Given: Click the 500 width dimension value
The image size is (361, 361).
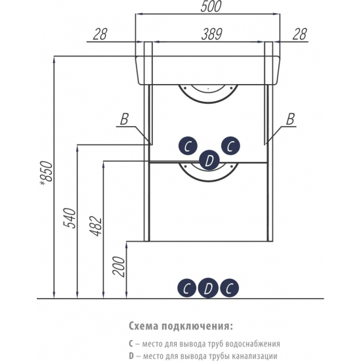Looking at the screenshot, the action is (x=211, y=7).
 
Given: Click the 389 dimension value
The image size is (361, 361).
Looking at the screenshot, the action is (x=211, y=34).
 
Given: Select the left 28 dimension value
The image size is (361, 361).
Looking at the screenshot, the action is (x=100, y=34).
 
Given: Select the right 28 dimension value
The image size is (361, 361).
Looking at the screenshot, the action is (x=300, y=34).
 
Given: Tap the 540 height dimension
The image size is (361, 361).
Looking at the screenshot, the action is (x=70, y=218).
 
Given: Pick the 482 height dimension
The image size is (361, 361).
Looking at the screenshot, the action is (x=96, y=226).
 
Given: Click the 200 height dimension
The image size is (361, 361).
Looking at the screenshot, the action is (x=118, y=266).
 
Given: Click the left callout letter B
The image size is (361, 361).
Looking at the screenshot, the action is (x=124, y=119).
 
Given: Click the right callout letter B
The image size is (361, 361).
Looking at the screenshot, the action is (x=291, y=119).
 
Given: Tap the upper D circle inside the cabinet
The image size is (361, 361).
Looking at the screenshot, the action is (x=209, y=160).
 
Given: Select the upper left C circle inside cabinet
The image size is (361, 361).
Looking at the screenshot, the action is (x=188, y=146).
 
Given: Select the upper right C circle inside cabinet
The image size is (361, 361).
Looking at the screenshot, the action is (x=230, y=146).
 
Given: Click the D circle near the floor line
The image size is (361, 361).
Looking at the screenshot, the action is (x=208, y=287).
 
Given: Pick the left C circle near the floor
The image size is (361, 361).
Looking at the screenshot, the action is (x=186, y=287).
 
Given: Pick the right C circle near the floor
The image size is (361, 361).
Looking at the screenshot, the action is (x=230, y=287).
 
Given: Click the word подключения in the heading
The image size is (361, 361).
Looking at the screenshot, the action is (x=196, y=327).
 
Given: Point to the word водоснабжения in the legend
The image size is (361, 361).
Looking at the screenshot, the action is (x=253, y=344).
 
